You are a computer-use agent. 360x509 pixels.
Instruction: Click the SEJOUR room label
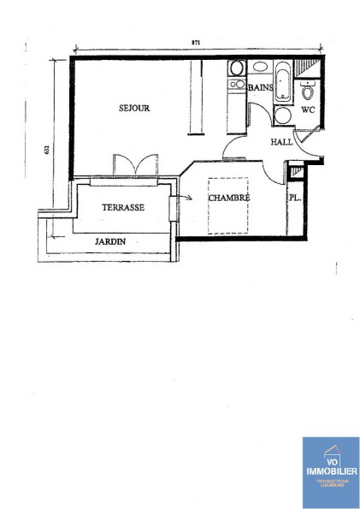[133, 109]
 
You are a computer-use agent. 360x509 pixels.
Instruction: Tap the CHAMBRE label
[228, 198]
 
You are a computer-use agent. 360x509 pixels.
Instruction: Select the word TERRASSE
[122, 208]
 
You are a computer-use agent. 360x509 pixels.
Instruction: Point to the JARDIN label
[110, 241]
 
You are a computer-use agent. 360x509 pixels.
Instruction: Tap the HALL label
[281, 142]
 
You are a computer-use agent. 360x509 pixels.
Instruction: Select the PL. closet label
[295, 198]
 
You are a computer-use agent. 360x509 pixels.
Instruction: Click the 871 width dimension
[196, 44]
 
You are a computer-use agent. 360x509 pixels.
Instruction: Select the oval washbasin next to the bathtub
[237, 68]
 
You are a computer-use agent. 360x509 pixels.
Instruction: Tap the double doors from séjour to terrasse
[136, 164]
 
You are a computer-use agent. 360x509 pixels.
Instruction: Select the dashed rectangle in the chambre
[227, 205]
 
